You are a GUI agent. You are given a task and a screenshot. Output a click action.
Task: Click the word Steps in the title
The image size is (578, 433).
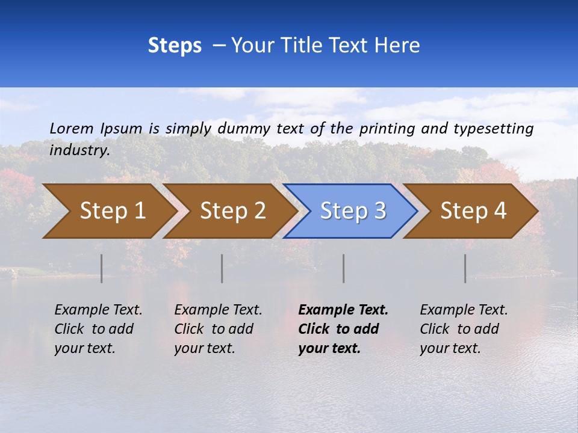(x=175, y=46)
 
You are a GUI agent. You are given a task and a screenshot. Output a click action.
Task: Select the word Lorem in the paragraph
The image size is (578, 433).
(x=72, y=128)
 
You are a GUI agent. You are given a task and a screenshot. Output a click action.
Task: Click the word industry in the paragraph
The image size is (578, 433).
(x=79, y=150)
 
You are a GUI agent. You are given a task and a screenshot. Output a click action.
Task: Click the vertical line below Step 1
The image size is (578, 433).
(x=102, y=268)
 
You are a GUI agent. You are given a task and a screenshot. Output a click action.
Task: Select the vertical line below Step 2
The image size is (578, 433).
(x=222, y=268)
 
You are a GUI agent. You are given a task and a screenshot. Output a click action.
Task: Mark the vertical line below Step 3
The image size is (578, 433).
(x=344, y=268)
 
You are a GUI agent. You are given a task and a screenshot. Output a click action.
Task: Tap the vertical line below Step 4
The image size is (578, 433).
(x=465, y=268)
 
